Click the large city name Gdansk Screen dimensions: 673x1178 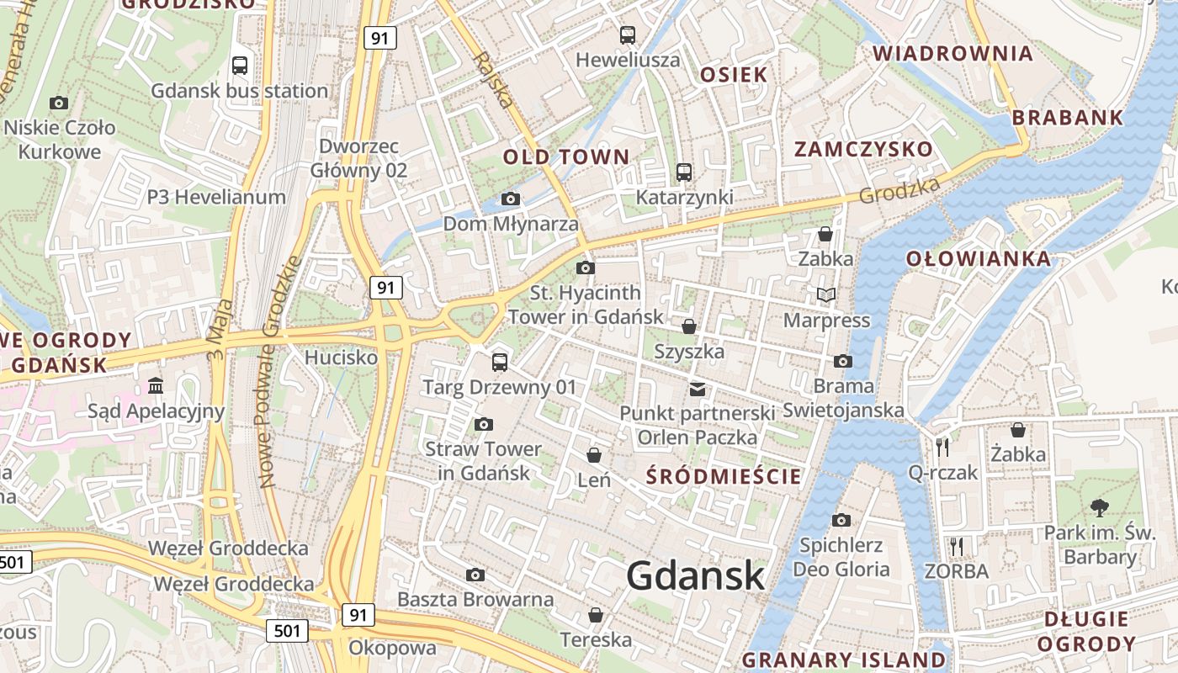[695, 576]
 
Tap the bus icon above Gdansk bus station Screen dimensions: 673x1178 [240, 65]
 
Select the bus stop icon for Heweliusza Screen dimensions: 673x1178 [628, 34]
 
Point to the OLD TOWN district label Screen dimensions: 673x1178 [565, 156]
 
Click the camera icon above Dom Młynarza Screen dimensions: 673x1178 [511, 199]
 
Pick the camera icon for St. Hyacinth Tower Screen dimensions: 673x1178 [586, 268]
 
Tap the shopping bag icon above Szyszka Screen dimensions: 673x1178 [689, 326]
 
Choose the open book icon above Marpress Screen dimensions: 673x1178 [826, 294]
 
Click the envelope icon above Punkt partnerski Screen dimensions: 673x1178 [698, 389]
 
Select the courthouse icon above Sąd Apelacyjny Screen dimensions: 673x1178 [156, 385]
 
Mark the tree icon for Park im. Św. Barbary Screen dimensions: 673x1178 [1099, 506]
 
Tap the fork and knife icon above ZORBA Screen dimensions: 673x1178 [956, 546]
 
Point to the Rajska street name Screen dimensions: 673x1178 [493, 80]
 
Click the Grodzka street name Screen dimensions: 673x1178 [899, 189]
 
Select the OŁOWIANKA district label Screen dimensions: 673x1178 [979, 258]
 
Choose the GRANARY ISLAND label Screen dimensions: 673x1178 [844, 659]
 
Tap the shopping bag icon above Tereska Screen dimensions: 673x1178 [596, 615]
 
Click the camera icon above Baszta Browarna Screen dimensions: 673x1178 [475, 575]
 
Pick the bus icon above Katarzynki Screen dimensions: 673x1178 [684, 172]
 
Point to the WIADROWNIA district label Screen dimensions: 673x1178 [952, 54]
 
